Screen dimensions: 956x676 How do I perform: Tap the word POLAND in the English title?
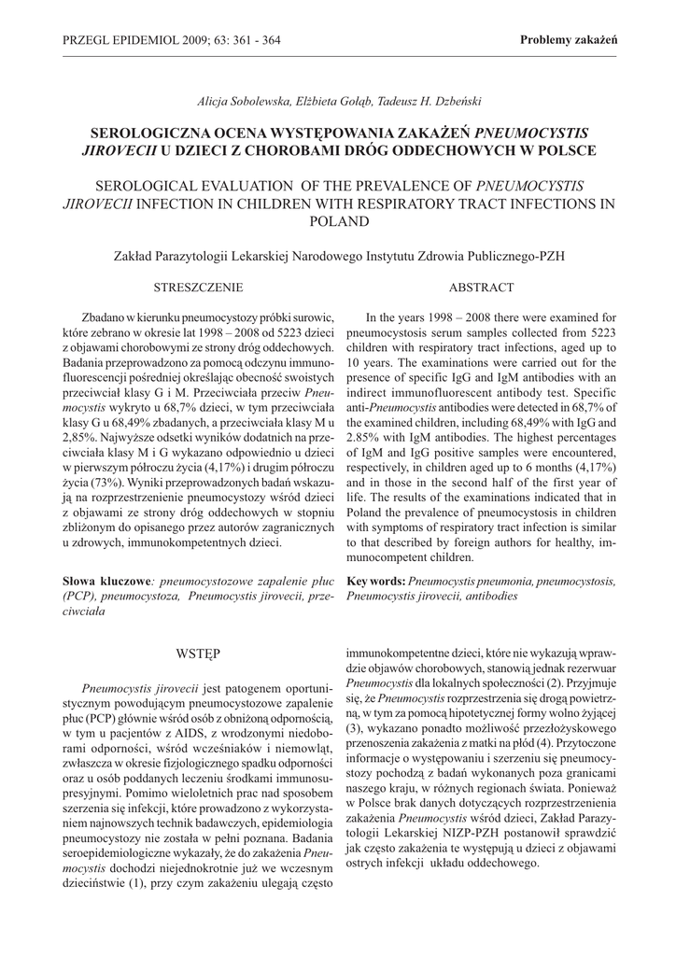337,221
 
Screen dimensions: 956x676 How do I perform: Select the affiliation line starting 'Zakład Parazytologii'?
337,254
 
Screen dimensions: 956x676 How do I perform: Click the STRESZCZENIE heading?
198,287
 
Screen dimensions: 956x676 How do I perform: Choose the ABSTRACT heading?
481,287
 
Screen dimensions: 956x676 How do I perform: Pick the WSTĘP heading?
198,650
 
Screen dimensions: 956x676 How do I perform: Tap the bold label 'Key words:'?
375,580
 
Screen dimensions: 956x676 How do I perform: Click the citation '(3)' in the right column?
353,726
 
